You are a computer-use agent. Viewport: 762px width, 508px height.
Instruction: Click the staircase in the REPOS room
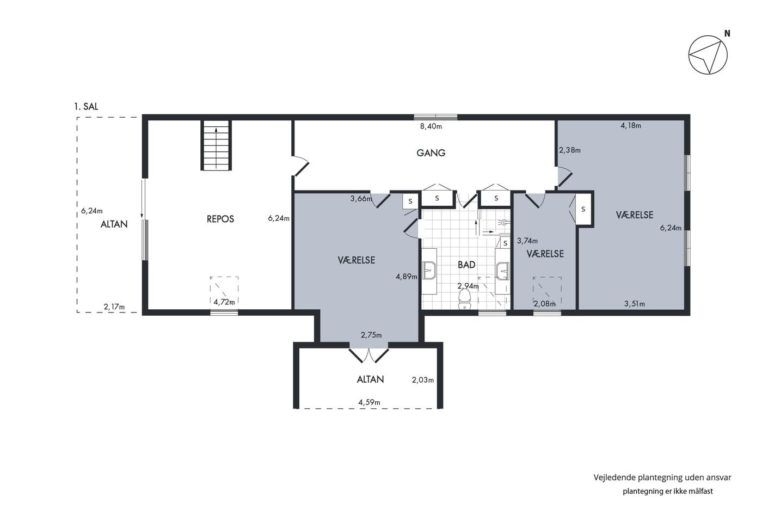[x=216, y=145]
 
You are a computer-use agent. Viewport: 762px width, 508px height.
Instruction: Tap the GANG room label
[x=431, y=153]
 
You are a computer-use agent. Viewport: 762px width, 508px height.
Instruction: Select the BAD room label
[x=466, y=265]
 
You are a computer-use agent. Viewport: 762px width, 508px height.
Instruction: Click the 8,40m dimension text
[x=431, y=126]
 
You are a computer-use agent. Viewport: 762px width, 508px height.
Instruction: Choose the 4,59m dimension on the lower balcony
[x=369, y=402]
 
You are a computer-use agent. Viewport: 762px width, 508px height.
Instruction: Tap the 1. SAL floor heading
[x=86, y=107]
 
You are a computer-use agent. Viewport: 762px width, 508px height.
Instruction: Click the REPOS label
[x=220, y=219]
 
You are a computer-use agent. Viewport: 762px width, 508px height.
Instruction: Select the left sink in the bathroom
[x=429, y=271]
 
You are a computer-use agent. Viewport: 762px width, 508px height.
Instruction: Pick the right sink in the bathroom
[x=502, y=271]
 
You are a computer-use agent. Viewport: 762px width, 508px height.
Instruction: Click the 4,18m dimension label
[x=631, y=126]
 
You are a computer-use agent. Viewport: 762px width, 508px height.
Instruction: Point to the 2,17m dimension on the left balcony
[x=114, y=307]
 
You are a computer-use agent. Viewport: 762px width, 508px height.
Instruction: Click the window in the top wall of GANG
[x=435, y=118]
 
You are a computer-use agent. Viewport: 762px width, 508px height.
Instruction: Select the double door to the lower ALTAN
[x=369, y=355]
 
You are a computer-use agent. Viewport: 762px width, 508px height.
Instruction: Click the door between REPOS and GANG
[x=300, y=166]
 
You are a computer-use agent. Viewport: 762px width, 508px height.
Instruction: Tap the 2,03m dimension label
[x=423, y=380]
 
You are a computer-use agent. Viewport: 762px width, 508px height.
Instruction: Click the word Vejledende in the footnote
[x=614, y=478]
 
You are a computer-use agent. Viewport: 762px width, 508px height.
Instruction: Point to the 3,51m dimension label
[x=635, y=304]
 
